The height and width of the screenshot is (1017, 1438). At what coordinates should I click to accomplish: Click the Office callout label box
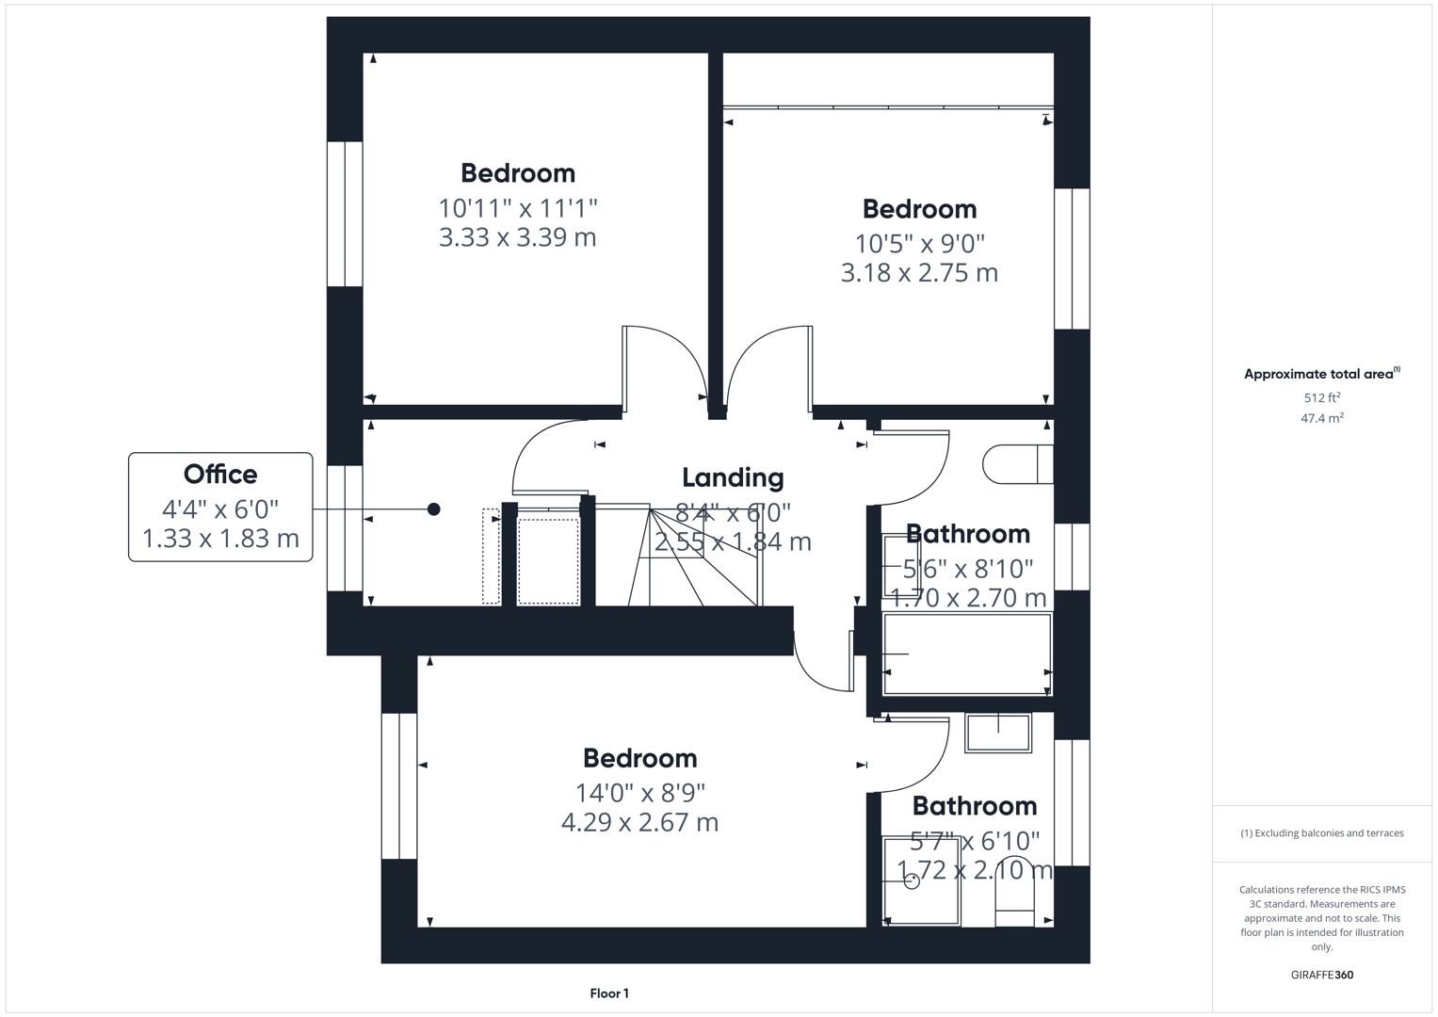220,507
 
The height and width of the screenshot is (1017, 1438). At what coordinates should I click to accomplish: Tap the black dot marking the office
433,509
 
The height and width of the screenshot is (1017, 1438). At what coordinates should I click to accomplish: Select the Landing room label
733,477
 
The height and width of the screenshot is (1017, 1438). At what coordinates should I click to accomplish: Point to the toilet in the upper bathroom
1017,464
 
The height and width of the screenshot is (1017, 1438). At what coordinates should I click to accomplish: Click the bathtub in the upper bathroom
966,654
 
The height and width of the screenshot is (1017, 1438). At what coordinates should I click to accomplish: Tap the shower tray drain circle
912,881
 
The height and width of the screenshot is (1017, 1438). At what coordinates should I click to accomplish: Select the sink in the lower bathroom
998,733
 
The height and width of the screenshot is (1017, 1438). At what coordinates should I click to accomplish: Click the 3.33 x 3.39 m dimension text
517,237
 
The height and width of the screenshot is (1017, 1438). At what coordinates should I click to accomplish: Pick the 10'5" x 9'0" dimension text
919,244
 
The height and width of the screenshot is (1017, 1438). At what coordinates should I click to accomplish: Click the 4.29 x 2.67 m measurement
639,822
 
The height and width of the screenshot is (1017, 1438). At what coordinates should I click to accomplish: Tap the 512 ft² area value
1321,397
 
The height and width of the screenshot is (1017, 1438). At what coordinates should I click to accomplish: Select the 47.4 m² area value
1321,418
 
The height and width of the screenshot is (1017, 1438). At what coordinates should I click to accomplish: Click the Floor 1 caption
609,993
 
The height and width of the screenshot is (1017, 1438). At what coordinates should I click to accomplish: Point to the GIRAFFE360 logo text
1321,975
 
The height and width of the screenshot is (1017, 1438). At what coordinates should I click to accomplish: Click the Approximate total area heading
1320,374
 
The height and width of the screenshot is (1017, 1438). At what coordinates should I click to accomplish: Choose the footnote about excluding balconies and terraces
1321,833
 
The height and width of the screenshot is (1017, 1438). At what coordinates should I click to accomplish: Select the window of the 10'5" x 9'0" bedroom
1072,258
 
